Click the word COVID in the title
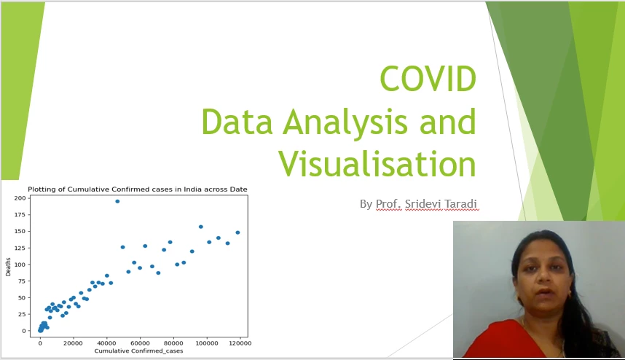click(428, 79)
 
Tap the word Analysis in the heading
click(345, 122)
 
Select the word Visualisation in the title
click(377, 164)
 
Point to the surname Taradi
click(461, 204)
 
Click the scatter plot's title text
click(138, 189)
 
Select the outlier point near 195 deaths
click(117, 201)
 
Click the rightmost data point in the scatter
click(237, 232)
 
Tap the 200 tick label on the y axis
click(20, 198)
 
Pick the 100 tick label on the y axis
click(20, 265)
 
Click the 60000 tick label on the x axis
click(140, 343)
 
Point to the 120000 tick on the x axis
click(240, 343)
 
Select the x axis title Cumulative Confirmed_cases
click(138, 351)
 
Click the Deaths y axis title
click(8, 267)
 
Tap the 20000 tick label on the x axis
click(74, 343)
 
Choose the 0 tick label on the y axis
click(24, 331)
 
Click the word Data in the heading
click(237, 122)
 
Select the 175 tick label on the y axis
click(20, 215)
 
